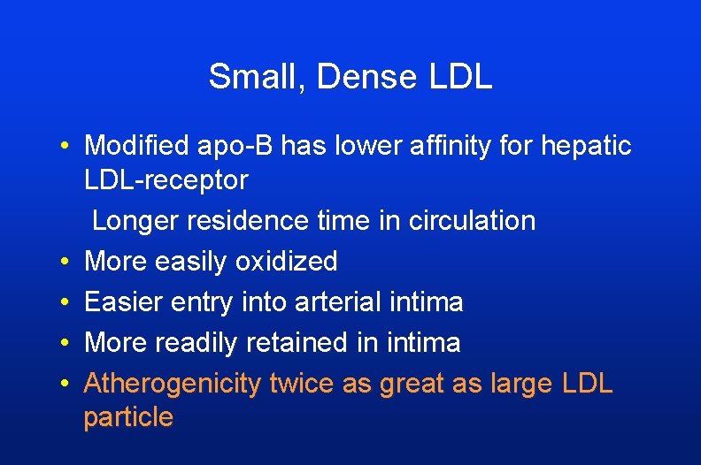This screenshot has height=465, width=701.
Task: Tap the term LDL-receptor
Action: (x=166, y=180)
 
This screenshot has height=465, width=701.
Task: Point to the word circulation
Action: (x=472, y=221)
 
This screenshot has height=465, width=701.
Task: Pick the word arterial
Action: (x=338, y=302)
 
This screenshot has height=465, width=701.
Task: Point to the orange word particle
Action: (x=128, y=418)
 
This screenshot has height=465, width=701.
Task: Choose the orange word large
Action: (x=522, y=385)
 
